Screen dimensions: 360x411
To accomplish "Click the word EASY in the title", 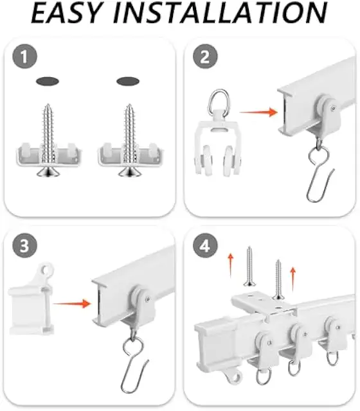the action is coord(66,13).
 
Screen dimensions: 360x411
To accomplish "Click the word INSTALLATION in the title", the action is coord(220,13).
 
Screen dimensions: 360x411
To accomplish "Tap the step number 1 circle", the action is coord(24,57).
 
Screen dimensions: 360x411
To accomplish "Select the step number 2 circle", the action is coord(205,57).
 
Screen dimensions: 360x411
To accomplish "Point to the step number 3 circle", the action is coord(24,245).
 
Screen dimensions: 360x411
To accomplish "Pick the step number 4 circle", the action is coord(205,245).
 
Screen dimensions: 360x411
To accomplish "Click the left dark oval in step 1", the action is coord(48,82).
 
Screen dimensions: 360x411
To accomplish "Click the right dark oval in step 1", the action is coord(128,82).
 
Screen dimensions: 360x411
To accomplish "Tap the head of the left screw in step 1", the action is coord(48,172).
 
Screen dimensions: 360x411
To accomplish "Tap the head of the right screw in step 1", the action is coord(129,172).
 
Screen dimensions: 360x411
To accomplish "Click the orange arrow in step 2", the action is coord(258,112).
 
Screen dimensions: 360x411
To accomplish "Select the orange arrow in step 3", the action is coord(72,304).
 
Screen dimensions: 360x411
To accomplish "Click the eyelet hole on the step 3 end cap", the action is coord(46,269).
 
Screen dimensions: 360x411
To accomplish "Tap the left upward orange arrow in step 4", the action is coord(230,265).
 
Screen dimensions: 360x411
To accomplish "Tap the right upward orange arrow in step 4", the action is coord(293,279).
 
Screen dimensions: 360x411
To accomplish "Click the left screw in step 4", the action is coord(249,267).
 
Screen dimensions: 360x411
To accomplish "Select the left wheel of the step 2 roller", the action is coord(206,160).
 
